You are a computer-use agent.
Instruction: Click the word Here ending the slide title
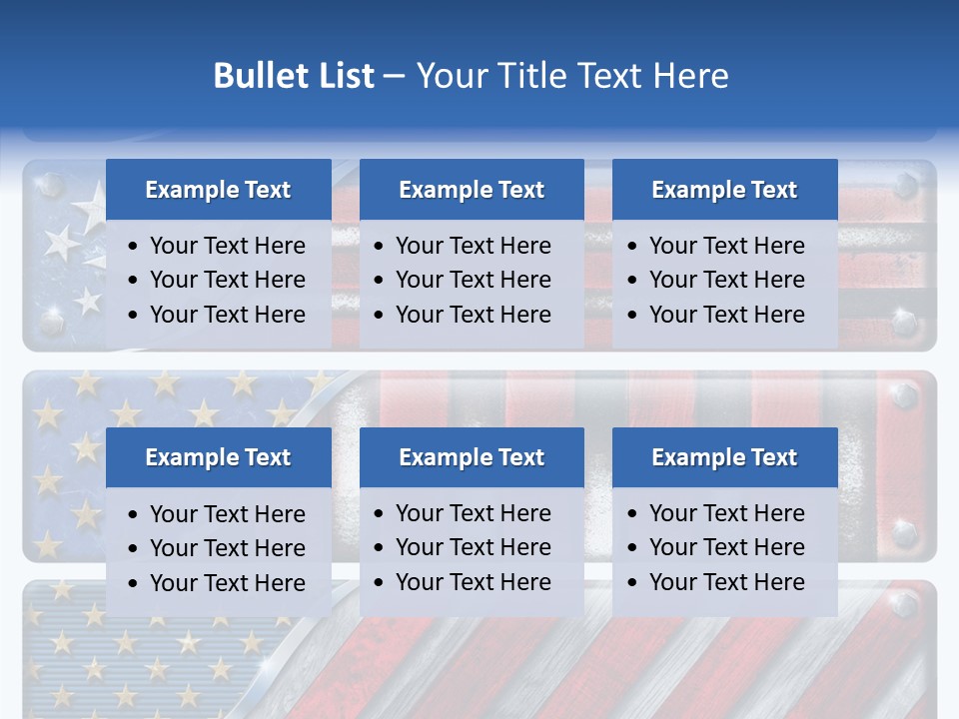691,76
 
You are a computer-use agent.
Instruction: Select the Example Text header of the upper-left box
218,190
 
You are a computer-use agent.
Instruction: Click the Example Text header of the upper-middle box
472,190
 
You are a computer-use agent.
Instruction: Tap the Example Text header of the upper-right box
724,190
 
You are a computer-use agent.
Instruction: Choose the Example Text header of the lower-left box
218,457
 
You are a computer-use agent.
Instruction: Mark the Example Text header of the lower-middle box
472,457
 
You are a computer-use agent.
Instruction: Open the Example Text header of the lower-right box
724,457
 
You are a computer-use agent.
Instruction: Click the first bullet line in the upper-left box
227,246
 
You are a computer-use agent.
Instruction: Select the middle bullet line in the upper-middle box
473,280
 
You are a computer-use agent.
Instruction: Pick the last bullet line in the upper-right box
726,315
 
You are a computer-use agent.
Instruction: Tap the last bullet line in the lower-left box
227,583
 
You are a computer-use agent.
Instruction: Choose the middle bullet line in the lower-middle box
473,547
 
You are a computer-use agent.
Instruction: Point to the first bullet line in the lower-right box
726,513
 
